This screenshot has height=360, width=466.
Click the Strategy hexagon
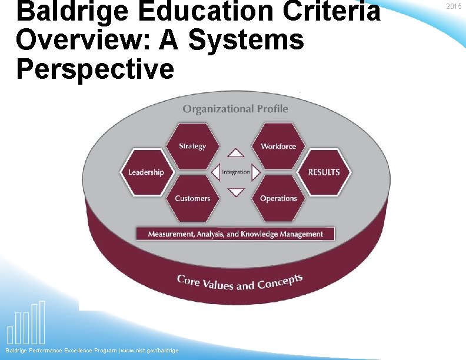pyautogui.click(x=192, y=146)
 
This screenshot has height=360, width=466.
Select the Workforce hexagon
pyautogui.click(x=278, y=146)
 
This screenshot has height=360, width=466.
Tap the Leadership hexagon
pyautogui.click(x=146, y=172)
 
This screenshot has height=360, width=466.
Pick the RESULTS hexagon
pyautogui.click(x=324, y=172)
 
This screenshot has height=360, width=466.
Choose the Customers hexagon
pyautogui.click(x=192, y=198)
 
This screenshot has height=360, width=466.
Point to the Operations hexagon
pyautogui.click(x=278, y=198)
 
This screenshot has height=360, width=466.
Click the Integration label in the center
pyautogui.click(x=236, y=172)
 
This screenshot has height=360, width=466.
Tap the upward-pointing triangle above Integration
pyautogui.click(x=236, y=153)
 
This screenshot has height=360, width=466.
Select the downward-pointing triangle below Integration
pyautogui.click(x=236, y=192)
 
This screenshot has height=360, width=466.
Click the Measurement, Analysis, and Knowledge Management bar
pyautogui.click(x=235, y=234)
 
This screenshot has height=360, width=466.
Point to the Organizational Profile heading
pyautogui.click(x=235, y=108)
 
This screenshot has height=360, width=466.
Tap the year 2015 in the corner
pyautogui.click(x=454, y=6)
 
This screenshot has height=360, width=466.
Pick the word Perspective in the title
pyautogui.click(x=95, y=69)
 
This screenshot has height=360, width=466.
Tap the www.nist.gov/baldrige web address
pyautogui.click(x=149, y=351)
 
